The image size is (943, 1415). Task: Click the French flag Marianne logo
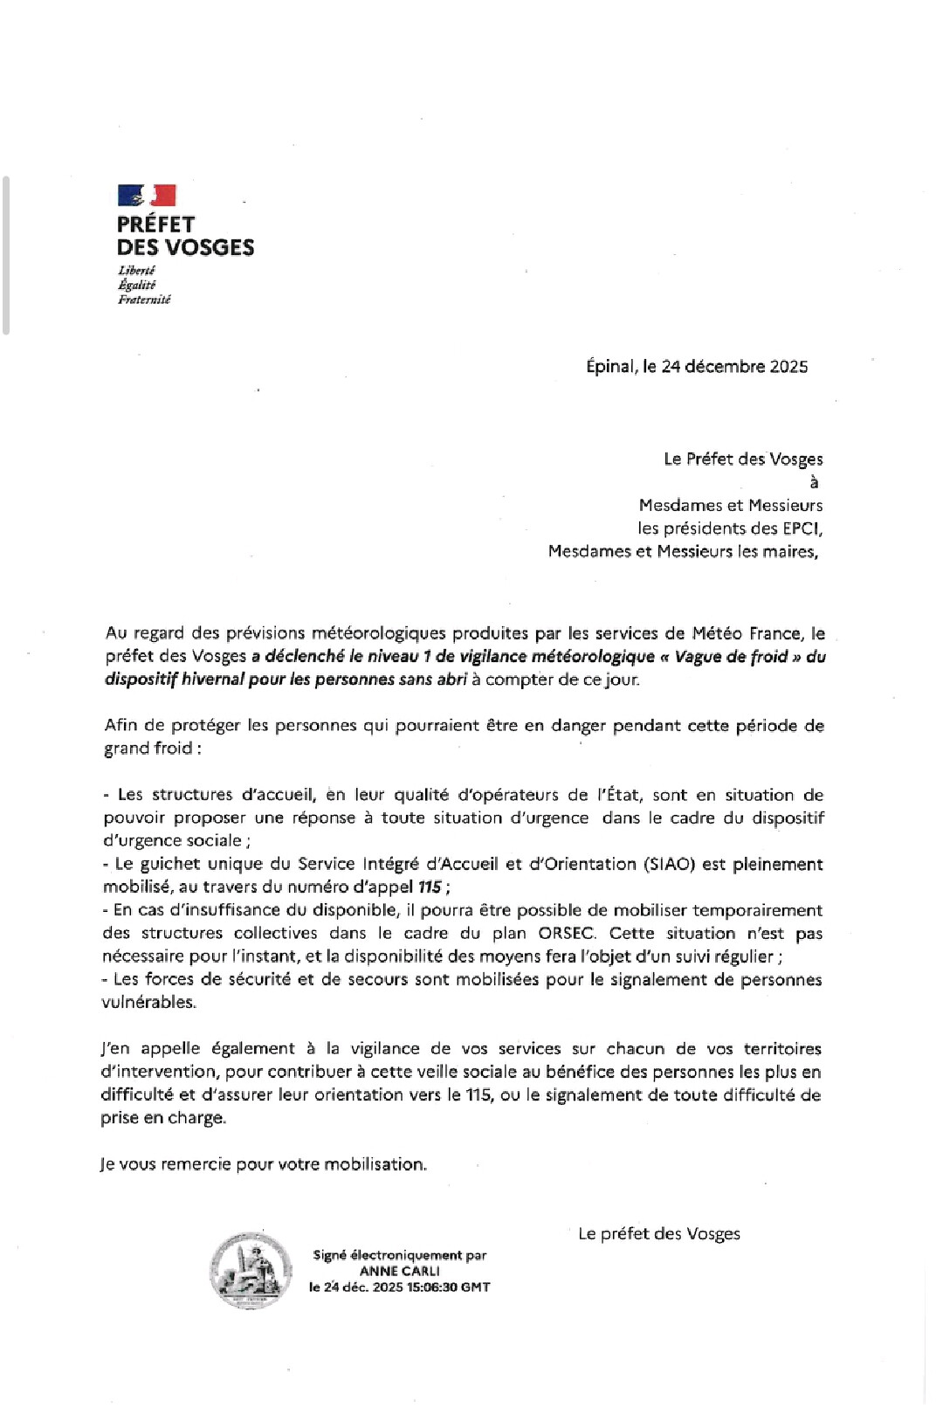click(x=147, y=195)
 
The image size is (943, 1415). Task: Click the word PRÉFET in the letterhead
click(x=155, y=224)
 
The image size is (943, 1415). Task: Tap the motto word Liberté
click(x=136, y=271)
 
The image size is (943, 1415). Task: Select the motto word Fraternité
click(x=144, y=300)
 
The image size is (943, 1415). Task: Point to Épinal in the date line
click(x=609, y=367)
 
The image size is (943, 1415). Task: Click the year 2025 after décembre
click(x=788, y=367)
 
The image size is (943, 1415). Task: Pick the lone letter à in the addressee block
click(x=814, y=482)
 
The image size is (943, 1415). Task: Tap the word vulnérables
click(x=149, y=1003)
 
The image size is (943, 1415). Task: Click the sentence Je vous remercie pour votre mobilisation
click(x=264, y=1165)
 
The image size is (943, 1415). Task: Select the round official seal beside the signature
click(x=251, y=1270)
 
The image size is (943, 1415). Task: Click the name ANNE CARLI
click(x=400, y=1272)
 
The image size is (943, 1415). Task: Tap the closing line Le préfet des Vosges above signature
click(x=659, y=1234)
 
